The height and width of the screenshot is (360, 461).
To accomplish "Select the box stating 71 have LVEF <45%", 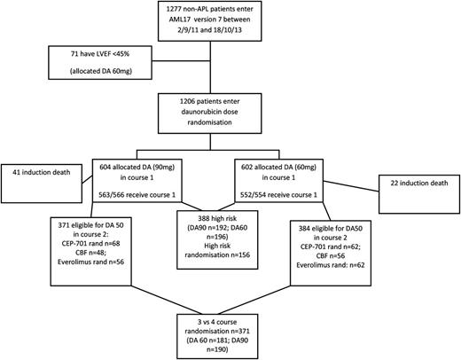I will [x=89, y=67].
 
